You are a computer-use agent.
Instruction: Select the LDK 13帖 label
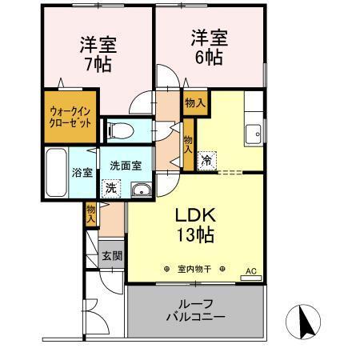click(195, 225)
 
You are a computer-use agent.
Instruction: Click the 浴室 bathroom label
click(83, 173)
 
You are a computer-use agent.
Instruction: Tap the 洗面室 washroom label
click(126, 166)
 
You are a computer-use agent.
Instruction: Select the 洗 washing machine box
click(110, 189)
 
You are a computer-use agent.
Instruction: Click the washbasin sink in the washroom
click(142, 189)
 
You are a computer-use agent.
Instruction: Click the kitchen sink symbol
click(255, 133)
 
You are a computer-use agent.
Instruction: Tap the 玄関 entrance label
click(111, 256)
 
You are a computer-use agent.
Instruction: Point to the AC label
click(249, 270)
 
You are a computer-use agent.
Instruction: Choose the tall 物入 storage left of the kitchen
click(188, 142)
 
